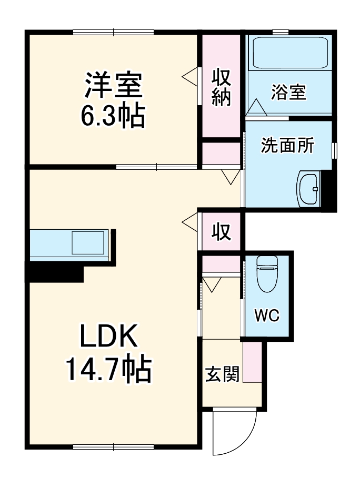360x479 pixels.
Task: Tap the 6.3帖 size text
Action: pyautogui.click(x=113, y=116)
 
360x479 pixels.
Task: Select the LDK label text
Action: pyautogui.click(x=108, y=337)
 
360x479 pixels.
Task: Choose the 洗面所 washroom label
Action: pyautogui.click(x=287, y=145)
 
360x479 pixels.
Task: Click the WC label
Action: pyautogui.click(x=267, y=315)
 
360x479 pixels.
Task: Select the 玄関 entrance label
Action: pyautogui.click(x=222, y=374)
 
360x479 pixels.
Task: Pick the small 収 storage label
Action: pyautogui.click(x=222, y=231)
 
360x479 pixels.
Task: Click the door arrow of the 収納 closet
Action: pyautogui.click(x=190, y=76)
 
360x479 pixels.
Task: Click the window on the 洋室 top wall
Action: pyautogui.click(x=114, y=32)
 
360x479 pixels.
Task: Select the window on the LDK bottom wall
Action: pyautogui.click(x=114, y=447)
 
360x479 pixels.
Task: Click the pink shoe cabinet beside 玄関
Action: pyautogui.click(x=252, y=363)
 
